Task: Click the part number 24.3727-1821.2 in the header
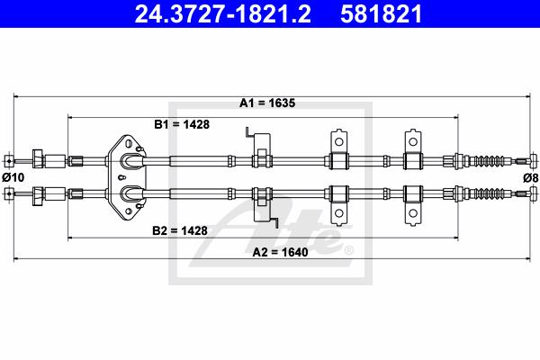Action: click(x=223, y=14)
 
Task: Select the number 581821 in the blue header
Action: click(x=381, y=14)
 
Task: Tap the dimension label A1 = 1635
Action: click(x=267, y=103)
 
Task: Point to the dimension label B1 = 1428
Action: click(x=182, y=124)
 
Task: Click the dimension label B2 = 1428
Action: click(x=180, y=230)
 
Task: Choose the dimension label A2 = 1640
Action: click(x=280, y=252)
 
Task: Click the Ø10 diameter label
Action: click(x=13, y=177)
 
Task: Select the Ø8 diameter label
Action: click(x=531, y=178)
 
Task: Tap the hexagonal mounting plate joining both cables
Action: click(x=127, y=177)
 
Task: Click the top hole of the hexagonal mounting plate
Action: click(x=129, y=142)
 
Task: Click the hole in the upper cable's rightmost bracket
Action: click(x=412, y=142)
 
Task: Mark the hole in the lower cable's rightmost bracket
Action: click(x=412, y=213)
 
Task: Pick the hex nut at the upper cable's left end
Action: click(x=38, y=158)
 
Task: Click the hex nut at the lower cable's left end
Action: click(x=38, y=196)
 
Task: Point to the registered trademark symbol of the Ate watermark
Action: click(x=349, y=251)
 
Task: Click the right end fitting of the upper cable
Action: click(x=534, y=160)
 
